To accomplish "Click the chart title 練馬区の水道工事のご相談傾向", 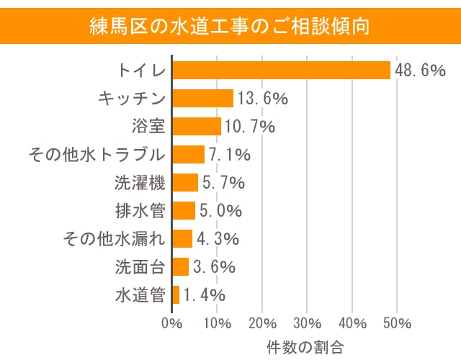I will [230, 27].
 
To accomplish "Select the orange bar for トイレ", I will [281, 71].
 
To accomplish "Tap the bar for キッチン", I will [203, 99].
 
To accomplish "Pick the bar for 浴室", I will [197, 127].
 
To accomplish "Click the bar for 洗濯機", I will [185, 183].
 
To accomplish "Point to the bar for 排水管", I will [184, 211].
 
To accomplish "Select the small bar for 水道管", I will [176, 294].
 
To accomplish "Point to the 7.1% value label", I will [230, 155].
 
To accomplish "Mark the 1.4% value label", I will [205, 294].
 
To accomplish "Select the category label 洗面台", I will [140, 267].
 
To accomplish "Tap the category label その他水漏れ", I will [115, 239].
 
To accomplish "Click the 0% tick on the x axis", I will [172, 322].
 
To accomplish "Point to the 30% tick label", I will [308, 322].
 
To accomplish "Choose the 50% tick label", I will [398, 322].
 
